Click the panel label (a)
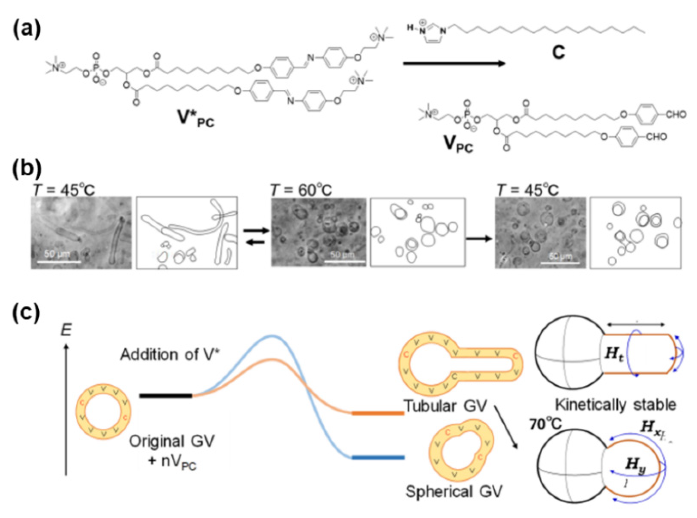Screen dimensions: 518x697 click(26, 30)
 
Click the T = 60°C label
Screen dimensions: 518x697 click(301, 190)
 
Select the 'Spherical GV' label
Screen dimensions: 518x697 click(454, 491)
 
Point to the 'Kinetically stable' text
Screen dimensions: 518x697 click(616, 404)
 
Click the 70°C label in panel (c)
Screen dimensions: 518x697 click(545, 425)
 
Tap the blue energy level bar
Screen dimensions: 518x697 click(378, 457)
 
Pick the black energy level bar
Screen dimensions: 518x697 click(166, 396)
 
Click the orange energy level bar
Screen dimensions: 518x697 click(377, 413)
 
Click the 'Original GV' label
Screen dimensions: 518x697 click(171, 442)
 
